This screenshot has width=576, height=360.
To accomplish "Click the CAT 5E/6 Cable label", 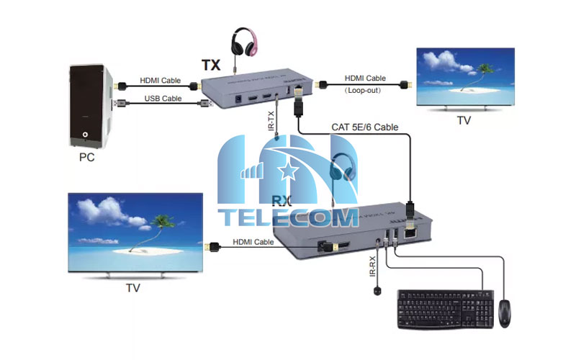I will pyautogui.click(x=364, y=127).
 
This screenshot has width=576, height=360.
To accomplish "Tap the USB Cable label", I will pyautogui.click(x=162, y=99).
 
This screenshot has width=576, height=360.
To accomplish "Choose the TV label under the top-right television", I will pyautogui.click(x=464, y=120).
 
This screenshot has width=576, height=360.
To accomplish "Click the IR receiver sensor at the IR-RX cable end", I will pyautogui.click(x=376, y=292).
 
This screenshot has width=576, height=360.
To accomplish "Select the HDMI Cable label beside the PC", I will pyautogui.click(x=161, y=81).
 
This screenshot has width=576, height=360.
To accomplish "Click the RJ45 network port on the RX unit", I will pyautogui.click(x=413, y=230).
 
